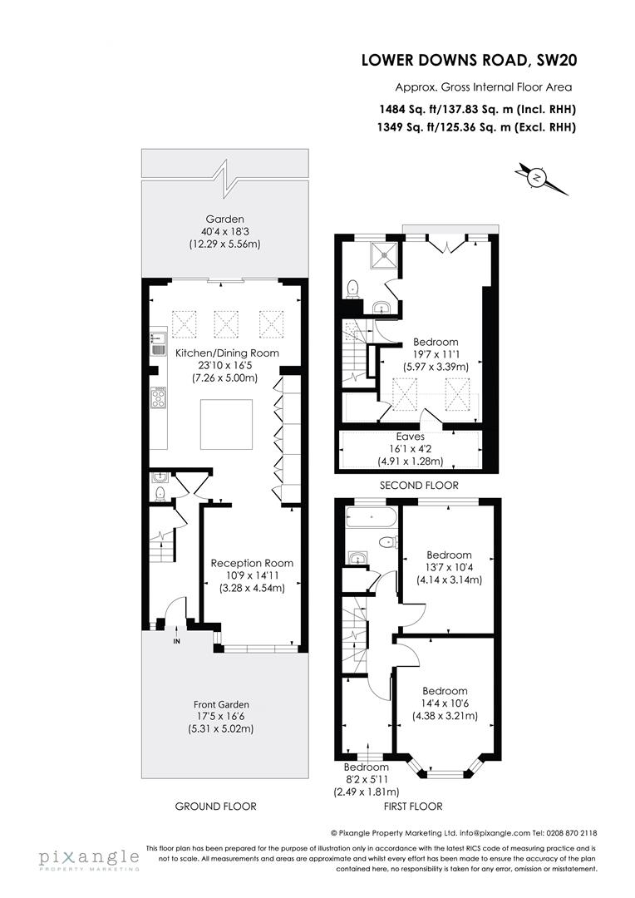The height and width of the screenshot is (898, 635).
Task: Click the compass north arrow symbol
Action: pos(538,178)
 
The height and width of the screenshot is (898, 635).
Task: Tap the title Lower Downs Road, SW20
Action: pos(470,60)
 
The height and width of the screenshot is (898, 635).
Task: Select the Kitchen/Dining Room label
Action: pos(227,353)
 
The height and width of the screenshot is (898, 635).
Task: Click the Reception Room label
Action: pos(252,563)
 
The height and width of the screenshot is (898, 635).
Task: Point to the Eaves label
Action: pos(410,436)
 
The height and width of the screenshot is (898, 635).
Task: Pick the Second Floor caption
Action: pos(418,486)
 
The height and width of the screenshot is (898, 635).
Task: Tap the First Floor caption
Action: pos(412,807)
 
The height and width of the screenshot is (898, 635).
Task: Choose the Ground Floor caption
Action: pos(216,807)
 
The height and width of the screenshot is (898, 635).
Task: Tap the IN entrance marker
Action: pos(176,642)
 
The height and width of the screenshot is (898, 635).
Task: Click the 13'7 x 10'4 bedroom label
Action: pos(449,567)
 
